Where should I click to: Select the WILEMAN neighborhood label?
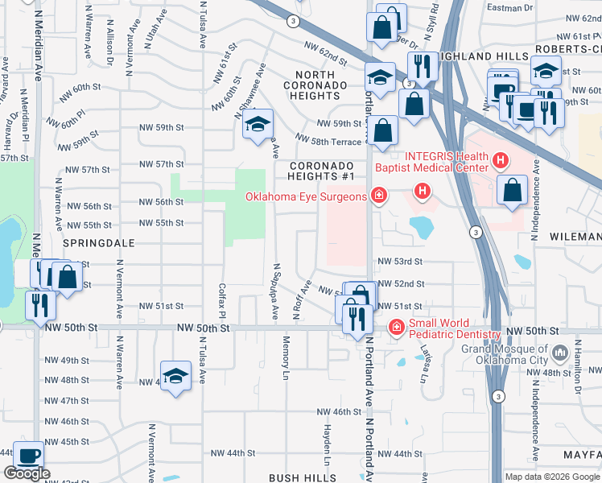click(x=575, y=237)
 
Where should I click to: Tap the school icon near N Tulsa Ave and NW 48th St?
click(x=175, y=376)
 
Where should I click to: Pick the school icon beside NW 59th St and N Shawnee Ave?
click(x=258, y=125)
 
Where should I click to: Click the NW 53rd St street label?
click(x=400, y=262)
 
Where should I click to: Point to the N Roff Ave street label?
click(x=303, y=299)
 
